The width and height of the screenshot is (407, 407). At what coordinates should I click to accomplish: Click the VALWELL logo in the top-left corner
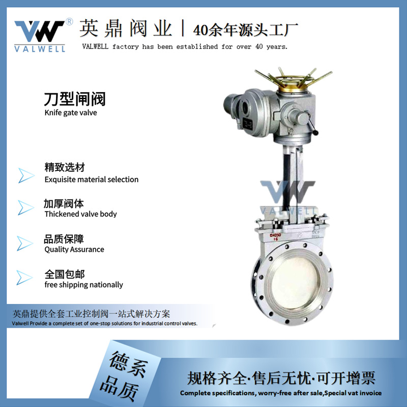pos(40,35)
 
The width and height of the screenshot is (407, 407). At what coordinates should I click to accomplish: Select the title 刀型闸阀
pos(75,98)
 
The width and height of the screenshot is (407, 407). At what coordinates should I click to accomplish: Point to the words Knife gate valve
pos(71,112)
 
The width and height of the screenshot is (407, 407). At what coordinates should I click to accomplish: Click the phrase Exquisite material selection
pos(92,179)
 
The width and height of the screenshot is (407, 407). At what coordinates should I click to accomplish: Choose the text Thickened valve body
pos(80,214)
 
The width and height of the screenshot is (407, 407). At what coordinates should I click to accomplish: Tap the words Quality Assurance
pos(74,249)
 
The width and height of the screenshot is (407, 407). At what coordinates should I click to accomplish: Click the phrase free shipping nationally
pos(84,285)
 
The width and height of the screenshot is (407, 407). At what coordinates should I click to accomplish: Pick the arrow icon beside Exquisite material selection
pos(26,174)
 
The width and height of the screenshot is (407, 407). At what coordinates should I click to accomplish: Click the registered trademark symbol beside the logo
pos(70,22)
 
